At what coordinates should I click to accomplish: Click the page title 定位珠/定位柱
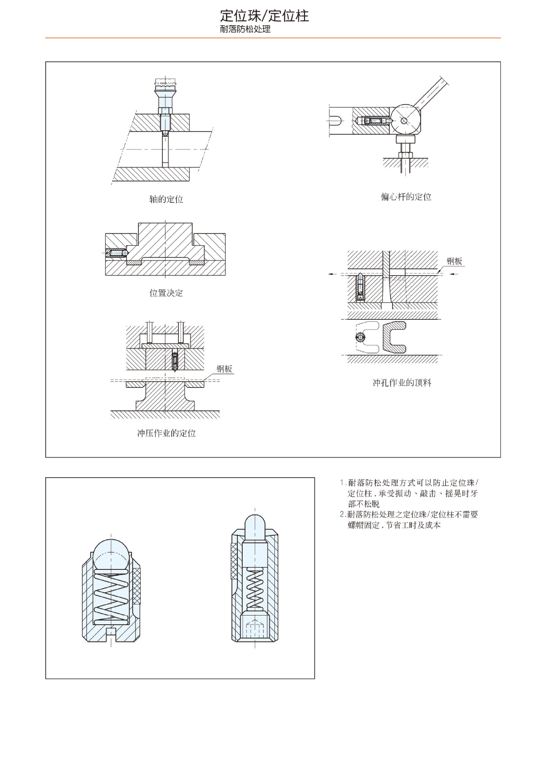264,16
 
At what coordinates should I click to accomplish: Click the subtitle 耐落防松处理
245,29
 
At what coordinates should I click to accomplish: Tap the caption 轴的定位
166,199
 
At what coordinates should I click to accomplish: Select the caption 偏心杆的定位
406,197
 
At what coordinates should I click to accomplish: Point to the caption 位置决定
166,293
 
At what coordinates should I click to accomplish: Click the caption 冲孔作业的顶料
402,383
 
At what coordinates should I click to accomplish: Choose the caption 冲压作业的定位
166,433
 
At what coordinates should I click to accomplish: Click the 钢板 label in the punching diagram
454,261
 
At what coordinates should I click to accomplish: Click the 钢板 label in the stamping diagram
224,369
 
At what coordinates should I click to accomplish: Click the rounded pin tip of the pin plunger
255,525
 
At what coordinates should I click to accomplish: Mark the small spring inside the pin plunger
255,589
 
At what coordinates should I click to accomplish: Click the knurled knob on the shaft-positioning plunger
165,85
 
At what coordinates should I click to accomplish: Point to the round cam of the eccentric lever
406,120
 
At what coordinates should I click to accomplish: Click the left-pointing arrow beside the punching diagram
332,274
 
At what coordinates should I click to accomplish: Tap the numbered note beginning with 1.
409,493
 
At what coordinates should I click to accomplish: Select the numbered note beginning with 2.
409,519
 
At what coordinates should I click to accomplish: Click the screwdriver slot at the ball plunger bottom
111,632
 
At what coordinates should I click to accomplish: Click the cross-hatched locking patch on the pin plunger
234,561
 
